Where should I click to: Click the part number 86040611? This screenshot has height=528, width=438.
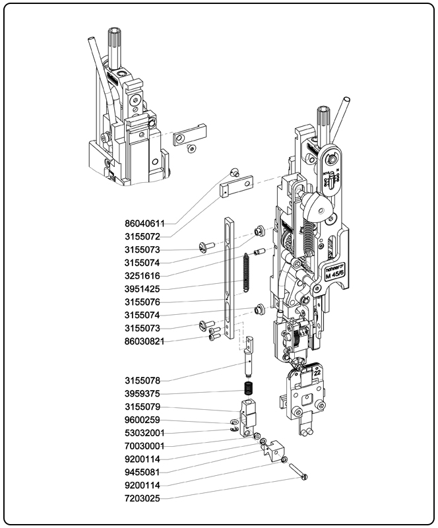pos(145,223)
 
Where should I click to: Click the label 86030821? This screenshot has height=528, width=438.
pos(145,341)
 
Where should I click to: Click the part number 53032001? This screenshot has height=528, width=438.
pos(145,433)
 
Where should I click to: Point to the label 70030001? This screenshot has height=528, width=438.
pos(145,446)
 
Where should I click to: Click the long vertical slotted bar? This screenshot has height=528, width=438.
pos(228,277)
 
